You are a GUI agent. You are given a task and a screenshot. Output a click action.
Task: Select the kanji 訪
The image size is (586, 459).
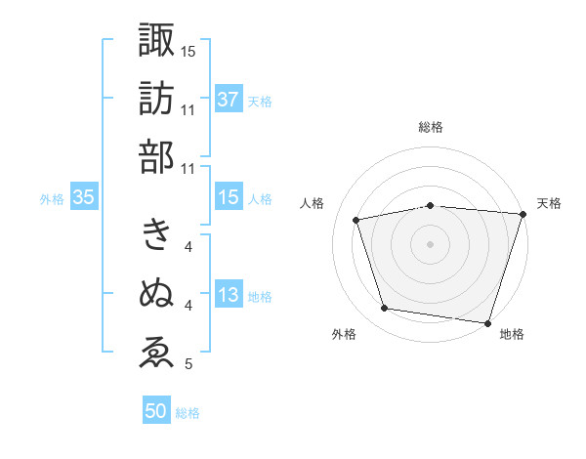click(156, 98)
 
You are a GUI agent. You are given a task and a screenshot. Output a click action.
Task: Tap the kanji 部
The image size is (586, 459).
click(156, 157)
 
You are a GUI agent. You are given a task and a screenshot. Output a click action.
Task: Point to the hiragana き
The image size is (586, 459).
click(156, 234)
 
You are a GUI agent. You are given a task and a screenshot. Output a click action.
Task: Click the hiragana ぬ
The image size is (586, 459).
click(156, 293)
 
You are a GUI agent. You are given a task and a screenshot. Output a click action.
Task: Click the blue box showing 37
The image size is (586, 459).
click(229, 99)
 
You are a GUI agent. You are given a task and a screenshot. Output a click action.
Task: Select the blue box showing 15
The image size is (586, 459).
click(229, 197)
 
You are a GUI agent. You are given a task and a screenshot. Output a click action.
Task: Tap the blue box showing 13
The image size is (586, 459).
click(229, 296)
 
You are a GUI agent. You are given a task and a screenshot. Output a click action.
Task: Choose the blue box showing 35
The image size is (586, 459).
click(83, 197)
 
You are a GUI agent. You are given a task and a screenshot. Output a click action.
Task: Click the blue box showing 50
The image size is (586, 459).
click(156, 411)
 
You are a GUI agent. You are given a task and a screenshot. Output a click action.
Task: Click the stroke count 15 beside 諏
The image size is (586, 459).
click(188, 51)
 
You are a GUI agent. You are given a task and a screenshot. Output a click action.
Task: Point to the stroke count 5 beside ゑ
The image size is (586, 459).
click(188, 365)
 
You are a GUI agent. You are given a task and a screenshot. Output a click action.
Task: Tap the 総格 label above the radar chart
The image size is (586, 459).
click(430, 127)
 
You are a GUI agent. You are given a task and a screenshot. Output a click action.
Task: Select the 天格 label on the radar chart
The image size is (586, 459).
click(549, 203)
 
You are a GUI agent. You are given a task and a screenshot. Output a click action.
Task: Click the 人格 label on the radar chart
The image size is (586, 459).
click(313, 203)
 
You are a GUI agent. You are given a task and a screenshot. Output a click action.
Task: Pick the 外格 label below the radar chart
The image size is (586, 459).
click(344, 335)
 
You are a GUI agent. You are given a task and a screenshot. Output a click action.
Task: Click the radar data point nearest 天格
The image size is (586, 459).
click(523, 215)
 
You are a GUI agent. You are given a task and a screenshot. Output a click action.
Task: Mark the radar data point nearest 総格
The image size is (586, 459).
click(430, 205)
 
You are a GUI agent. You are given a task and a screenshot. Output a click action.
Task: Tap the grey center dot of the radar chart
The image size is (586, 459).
click(430, 243)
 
